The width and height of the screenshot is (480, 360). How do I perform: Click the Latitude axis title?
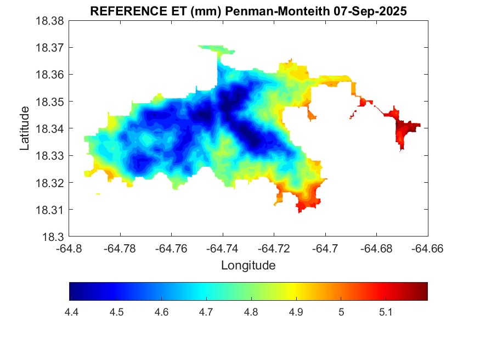(25, 128)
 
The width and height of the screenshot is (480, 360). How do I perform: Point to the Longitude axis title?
(248, 266)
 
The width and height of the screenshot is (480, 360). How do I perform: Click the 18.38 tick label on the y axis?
(50, 21)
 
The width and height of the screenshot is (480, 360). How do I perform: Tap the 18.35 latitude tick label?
(50, 102)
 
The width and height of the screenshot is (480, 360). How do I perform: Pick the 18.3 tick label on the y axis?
(54, 237)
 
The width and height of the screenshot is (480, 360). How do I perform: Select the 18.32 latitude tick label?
(50, 183)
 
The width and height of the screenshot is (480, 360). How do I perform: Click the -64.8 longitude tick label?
(70, 248)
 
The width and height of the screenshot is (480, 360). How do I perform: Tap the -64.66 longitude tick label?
(427, 248)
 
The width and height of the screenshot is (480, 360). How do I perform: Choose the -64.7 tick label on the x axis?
(326, 248)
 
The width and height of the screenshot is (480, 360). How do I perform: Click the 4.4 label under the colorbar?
(71, 312)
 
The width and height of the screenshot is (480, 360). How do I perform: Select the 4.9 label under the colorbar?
(296, 312)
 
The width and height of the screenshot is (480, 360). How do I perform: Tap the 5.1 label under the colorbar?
(386, 312)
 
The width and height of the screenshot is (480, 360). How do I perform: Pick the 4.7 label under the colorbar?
(206, 312)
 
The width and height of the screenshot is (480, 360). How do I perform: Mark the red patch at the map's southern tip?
(304, 204)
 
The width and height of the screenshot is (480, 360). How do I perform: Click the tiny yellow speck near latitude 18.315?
(98, 194)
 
